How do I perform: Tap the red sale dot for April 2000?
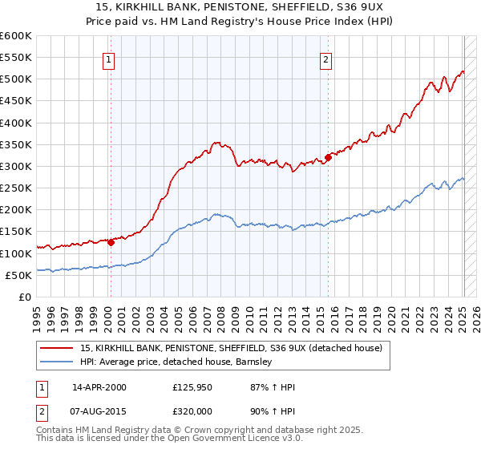[111, 242]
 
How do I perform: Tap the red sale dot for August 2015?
[329, 158]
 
